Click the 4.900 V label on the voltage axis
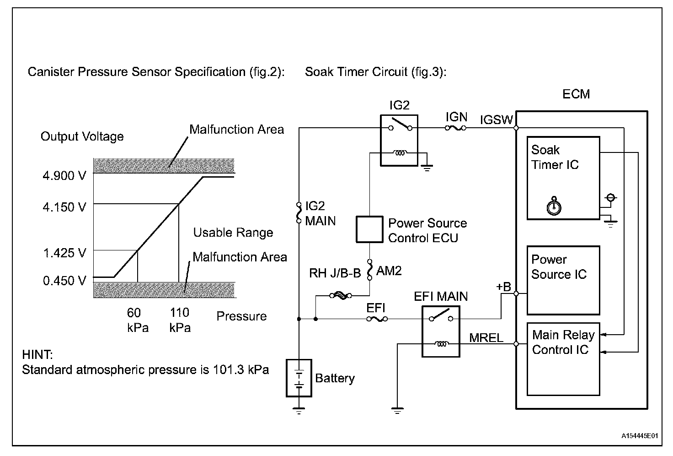coord(64,176)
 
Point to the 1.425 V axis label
coord(64,253)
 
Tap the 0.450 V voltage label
coord(64,281)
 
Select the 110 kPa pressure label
coord(179,320)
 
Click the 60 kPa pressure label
coord(137,320)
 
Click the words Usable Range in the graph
coord(233,233)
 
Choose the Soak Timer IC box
coord(563,178)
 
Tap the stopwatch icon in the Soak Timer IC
coord(554,206)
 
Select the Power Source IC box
coord(563,280)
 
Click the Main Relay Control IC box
coord(563,359)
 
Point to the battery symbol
coord(299,378)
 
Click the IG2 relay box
coord(399,140)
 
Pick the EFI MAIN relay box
coord(441,331)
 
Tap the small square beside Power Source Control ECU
coord(369,229)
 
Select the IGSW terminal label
coord(496,120)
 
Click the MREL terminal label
coord(486,338)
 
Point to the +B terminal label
coord(503,287)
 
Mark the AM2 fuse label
coord(389,271)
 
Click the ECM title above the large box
coord(576,94)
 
